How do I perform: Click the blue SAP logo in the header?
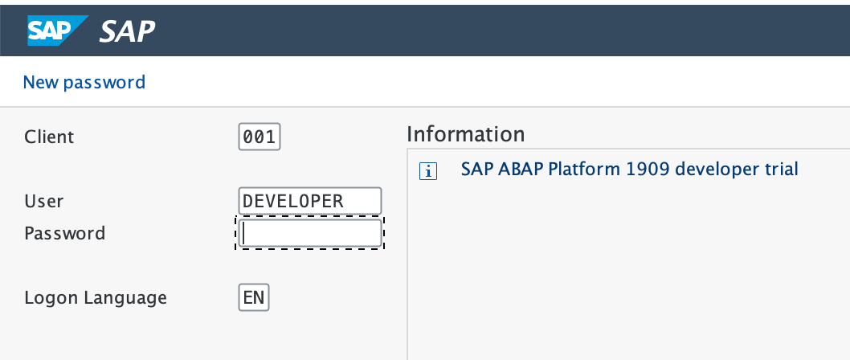[x=57, y=31]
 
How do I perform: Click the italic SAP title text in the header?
[x=128, y=31]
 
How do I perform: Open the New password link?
[x=84, y=82]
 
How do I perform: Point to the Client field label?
[x=49, y=137]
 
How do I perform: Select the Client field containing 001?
[x=259, y=137]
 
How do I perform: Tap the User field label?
[x=44, y=201]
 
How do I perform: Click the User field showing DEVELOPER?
[x=309, y=201]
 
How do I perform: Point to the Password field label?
[x=64, y=233]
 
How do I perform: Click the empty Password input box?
[x=310, y=234]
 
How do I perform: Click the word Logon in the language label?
[x=50, y=298]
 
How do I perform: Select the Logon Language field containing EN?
[x=255, y=298]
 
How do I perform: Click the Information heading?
[x=465, y=133]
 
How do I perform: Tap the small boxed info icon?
[x=428, y=171]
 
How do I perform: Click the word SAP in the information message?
[x=476, y=170]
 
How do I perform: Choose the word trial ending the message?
[x=779, y=170]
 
